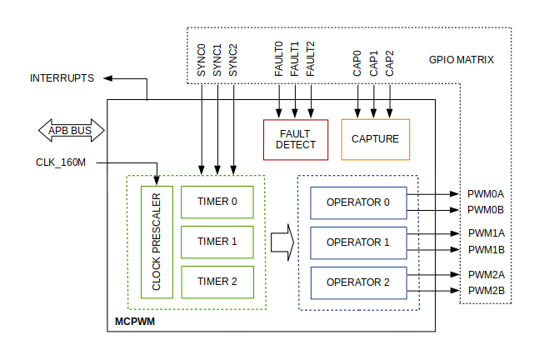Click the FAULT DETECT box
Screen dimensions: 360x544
(297, 139)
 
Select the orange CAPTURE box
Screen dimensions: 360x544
(375, 139)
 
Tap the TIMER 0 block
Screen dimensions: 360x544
(217, 201)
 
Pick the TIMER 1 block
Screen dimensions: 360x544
(217, 242)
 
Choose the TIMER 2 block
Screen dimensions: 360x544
(217, 282)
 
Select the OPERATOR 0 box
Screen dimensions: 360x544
(357, 202)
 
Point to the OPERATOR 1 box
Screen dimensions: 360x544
(357, 242)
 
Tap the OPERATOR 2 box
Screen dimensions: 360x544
(357, 282)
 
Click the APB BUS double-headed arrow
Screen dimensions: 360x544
(71, 131)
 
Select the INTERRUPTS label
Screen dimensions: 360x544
(62, 78)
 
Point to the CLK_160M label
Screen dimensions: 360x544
(61, 162)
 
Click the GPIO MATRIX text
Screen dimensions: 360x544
(462, 60)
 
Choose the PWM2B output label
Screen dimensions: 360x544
(486, 290)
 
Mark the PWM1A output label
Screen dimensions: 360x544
(486, 233)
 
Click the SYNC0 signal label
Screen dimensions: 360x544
(202, 60)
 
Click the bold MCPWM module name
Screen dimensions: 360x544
(134, 321)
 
